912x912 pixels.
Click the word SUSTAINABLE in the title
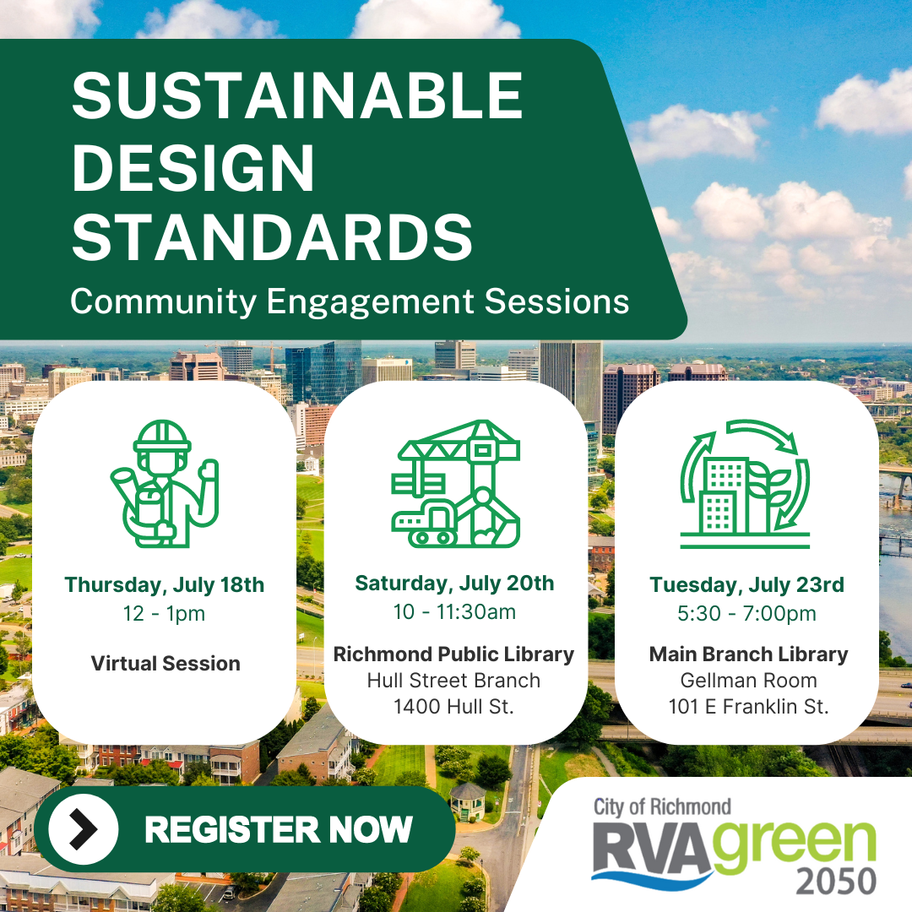pyautogui.click(x=297, y=95)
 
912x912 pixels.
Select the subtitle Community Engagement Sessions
pyautogui.click(x=350, y=301)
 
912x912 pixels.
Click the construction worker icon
pyautogui.click(x=165, y=484)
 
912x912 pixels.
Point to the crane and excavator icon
pyautogui.click(x=456, y=483)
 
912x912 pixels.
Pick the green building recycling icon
pyautogui.click(x=745, y=484)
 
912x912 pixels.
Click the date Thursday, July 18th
pyautogui.click(x=165, y=584)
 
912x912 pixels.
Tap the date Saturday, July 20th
pyautogui.click(x=454, y=583)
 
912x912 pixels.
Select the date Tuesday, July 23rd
pyautogui.click(x=746, y=584)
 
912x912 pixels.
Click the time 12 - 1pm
pyautogui.click(x=165, y=613)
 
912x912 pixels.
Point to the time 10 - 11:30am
pyautogui.click(x=454, y=611)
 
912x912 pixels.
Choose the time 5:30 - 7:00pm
pyautogui.click(x=746, y=613)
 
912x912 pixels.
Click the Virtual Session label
pyautogui.click(x=166, y=663)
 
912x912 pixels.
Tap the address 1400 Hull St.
pyautogui.click(x=454, y=706)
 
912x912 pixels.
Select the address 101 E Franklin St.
pyautogui.click(x=748, y=706)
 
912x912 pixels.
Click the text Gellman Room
pyautogui.click(x=748, y=680)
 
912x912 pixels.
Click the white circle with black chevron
pyautogui.click(x=83, y=829)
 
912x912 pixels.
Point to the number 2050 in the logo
pyautogui.click(x=836, y=881)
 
